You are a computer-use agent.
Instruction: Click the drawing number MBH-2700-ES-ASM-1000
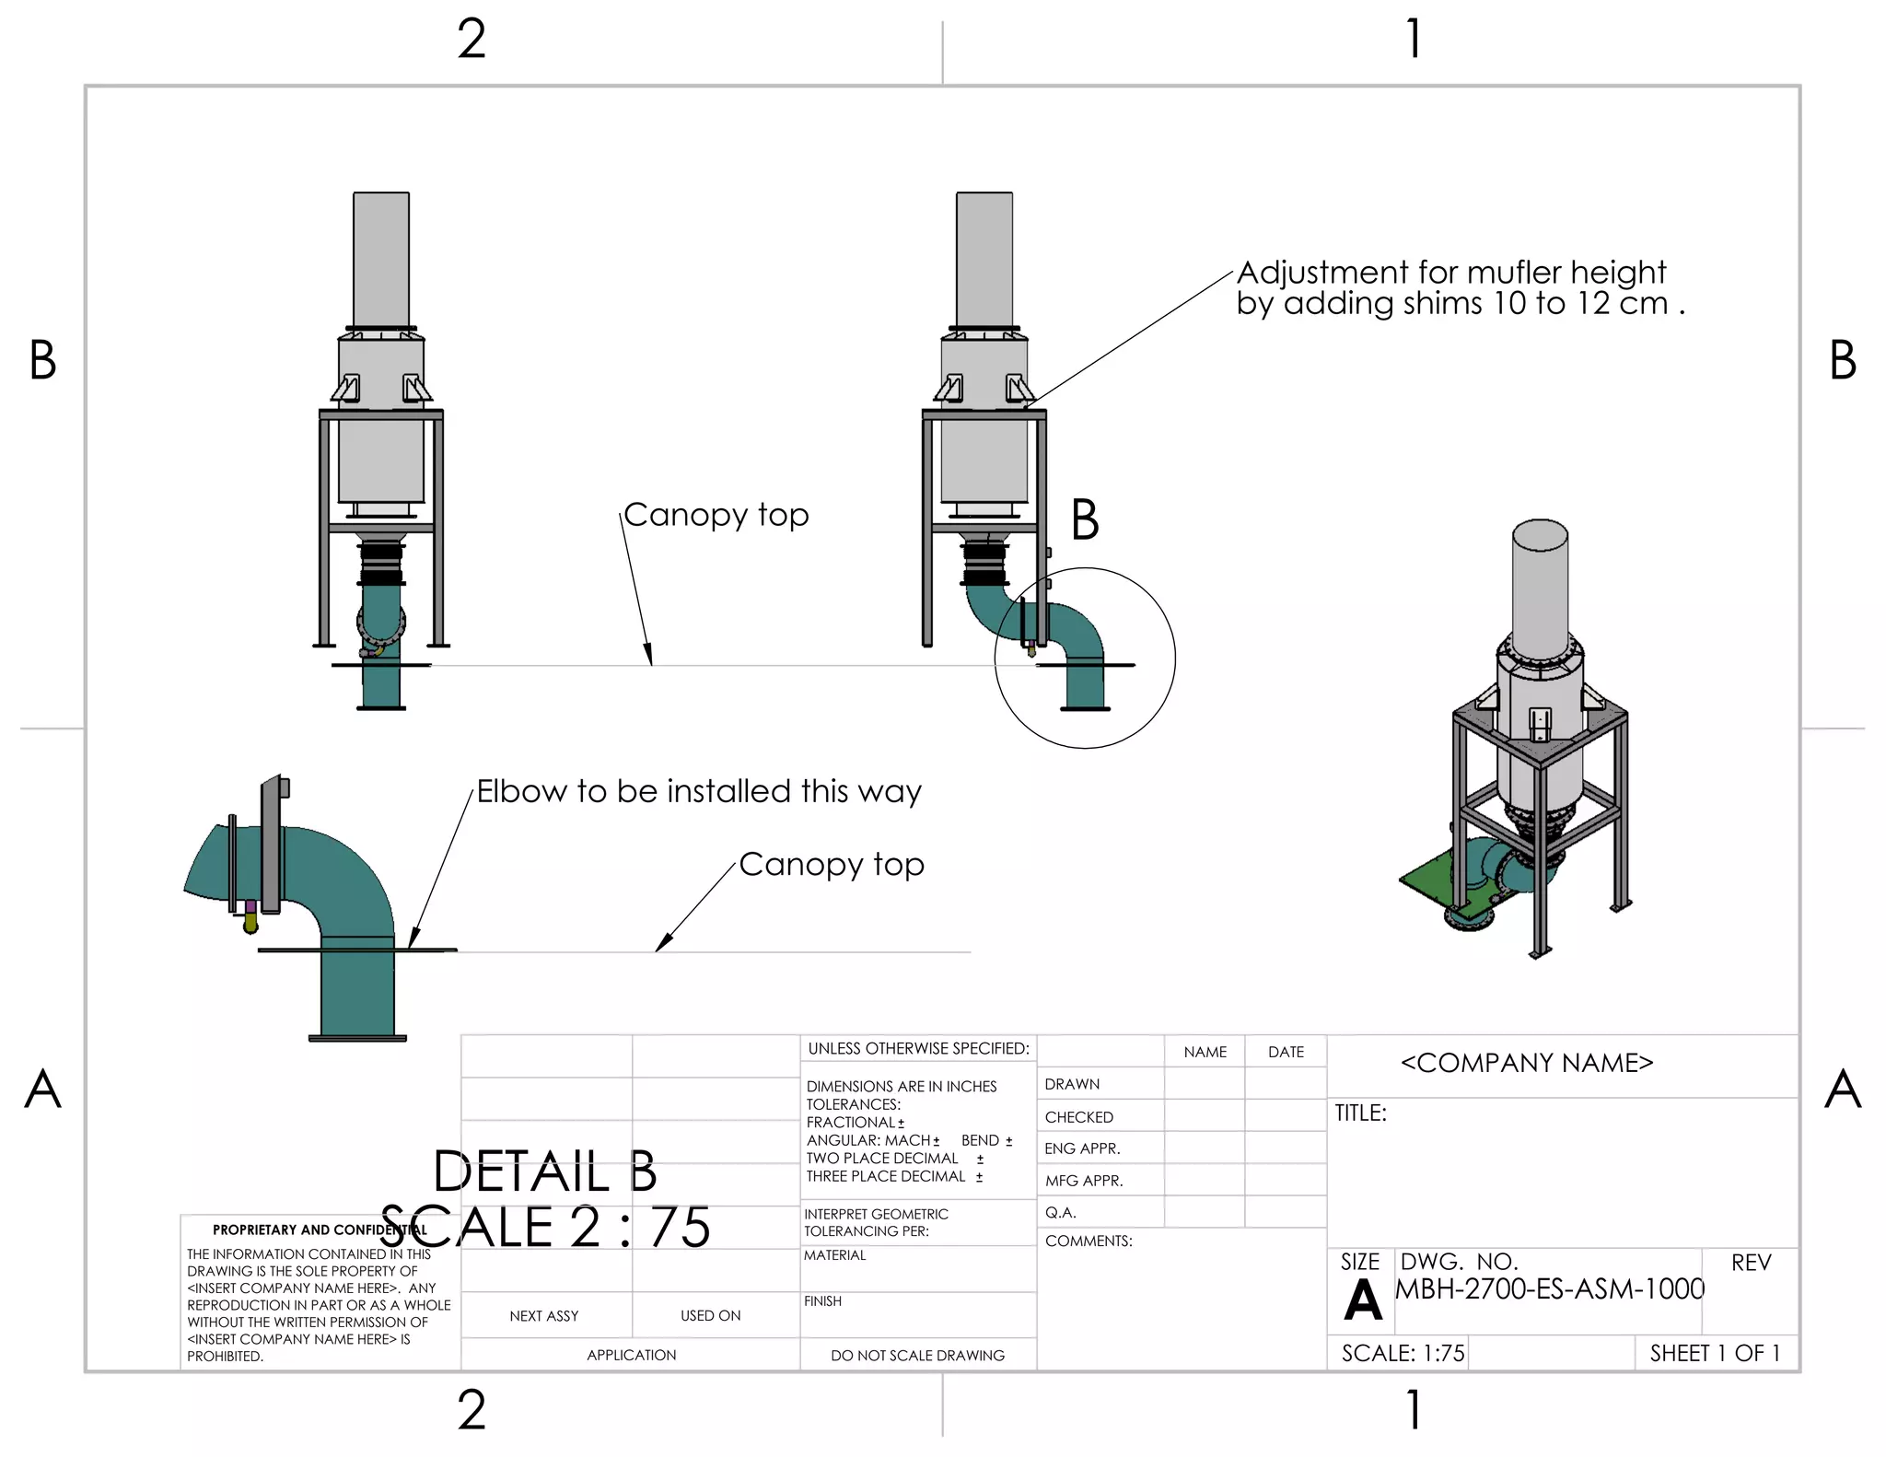click(1549, 1289)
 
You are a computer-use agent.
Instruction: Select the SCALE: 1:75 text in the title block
click(1402, 1353)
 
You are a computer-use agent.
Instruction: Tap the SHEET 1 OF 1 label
click(1715, 1353)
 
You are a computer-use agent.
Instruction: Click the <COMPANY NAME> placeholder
click(1526, 1063)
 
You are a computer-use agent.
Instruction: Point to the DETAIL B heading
click(545, 1171)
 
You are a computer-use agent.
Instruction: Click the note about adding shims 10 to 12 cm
click(1460, 288)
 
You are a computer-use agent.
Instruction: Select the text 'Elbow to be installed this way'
click(698, 791)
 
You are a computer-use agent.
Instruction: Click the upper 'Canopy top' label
click(716, 515)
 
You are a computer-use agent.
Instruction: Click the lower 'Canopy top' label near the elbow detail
click(831, 865)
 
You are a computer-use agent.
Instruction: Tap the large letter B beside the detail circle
click(1085, 520)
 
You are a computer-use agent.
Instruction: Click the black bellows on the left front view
click(381, 564)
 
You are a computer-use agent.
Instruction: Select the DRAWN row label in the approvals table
click(1072, 1084)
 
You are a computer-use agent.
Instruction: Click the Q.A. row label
click(1060, 1212)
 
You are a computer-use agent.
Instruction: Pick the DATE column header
click(1286, 1052)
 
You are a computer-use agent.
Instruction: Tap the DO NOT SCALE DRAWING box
click(917, 1355)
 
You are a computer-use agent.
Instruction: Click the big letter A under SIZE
click(1362, 1300)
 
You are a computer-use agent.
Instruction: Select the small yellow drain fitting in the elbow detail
click(250, 923)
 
